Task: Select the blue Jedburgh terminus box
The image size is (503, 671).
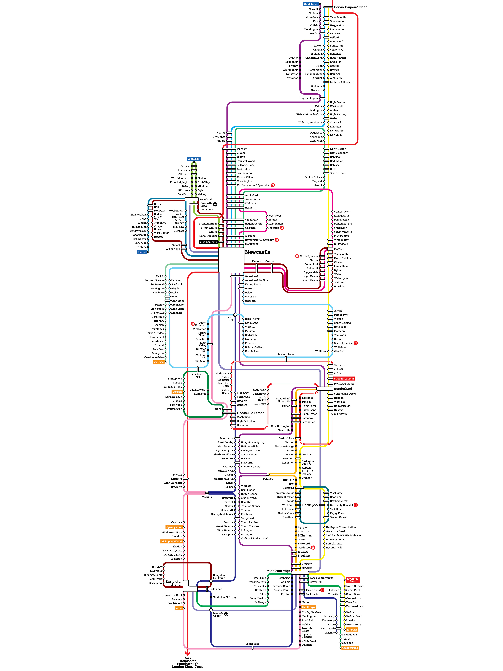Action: coord(194,159)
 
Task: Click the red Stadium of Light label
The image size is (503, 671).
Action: coord(344,379)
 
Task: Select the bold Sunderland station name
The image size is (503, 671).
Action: coord(343,389)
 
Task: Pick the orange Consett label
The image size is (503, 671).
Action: coord(177,392)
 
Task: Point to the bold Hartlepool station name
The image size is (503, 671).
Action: coord(310,505)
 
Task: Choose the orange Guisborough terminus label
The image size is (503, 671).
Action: coord(350,648)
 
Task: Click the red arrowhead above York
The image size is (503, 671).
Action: coord(188,653)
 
